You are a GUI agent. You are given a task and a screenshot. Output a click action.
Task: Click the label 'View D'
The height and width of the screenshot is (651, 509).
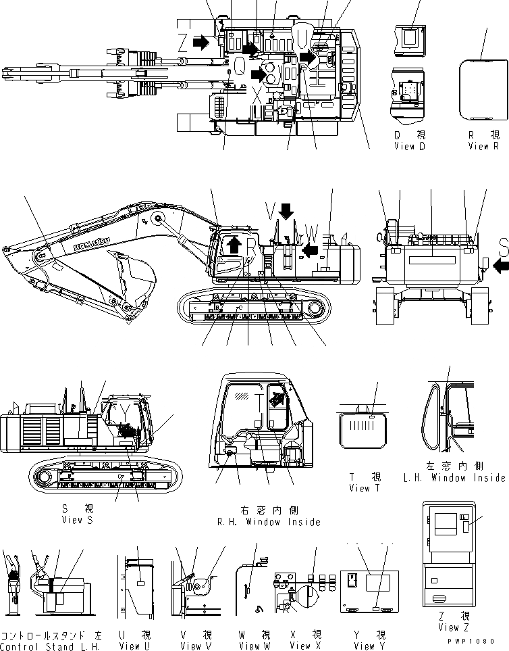coord(409,146)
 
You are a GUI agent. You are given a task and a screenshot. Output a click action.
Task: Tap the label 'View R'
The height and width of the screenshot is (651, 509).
coord(483,146)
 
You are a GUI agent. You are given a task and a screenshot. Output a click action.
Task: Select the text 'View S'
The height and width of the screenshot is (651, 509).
coord(76,519)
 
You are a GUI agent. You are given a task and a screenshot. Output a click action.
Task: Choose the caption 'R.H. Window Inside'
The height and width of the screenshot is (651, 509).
coord(267,522)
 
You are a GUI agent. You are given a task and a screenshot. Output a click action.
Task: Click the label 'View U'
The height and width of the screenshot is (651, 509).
coord(134,646)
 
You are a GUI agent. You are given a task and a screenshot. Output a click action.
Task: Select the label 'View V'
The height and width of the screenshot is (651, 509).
coord(194,646)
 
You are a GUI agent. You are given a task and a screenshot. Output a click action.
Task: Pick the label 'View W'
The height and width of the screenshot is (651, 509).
coord(253,646)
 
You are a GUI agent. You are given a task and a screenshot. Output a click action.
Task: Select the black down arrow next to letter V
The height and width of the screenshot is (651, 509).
coord(286,212)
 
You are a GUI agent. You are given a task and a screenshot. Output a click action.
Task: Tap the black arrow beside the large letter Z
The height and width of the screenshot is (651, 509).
coord(201,43)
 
